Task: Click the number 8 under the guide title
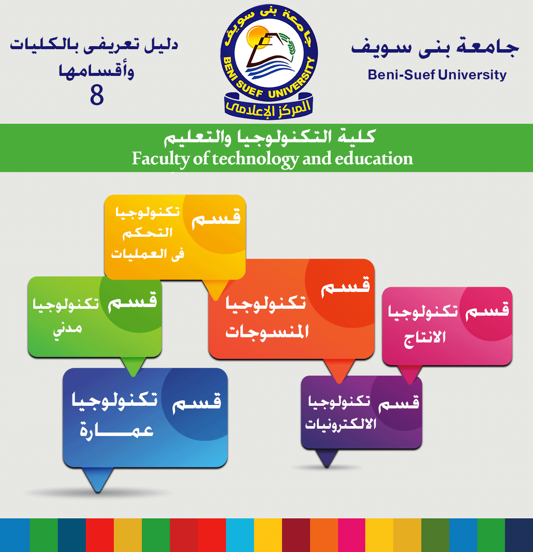point(97,95)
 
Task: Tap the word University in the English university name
point(472,75)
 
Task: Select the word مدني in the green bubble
point(68,329)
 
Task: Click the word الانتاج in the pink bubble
point(425,338)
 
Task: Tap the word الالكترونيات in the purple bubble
point(341,424)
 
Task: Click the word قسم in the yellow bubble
point(216,219)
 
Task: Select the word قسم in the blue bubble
point(197,402)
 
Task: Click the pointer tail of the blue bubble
point(98,480)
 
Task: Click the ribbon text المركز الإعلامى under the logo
point(268,107)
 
